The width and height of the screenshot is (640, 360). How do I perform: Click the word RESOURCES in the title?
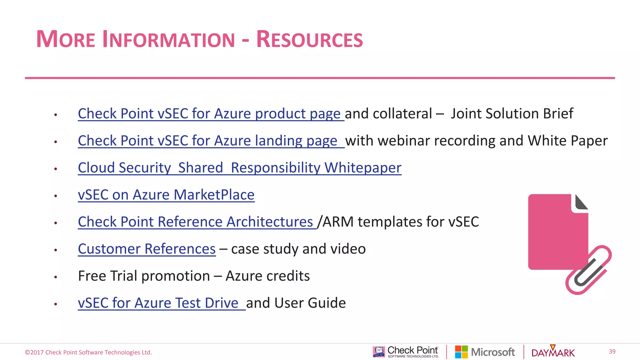(309, 40)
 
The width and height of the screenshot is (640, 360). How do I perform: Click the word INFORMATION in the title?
(168, 40)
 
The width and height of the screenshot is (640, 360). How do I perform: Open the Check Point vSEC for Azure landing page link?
(207, 141)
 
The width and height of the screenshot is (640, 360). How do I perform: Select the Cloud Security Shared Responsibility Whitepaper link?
(239, 168)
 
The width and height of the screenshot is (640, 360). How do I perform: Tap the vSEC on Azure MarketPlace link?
(166, 195)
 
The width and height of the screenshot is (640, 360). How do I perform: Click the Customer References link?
(147, 249)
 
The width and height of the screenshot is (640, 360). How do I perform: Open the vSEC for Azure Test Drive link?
(158, 303)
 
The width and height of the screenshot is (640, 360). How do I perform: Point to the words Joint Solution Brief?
(512, 113)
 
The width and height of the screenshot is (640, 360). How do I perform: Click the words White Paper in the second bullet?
(567, 141)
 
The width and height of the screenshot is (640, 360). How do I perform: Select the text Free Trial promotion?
(144, 276)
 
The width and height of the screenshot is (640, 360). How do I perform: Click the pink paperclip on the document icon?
(588, 271)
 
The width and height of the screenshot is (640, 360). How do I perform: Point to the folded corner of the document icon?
(580, 203)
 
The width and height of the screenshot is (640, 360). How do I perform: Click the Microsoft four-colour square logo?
(461, 352)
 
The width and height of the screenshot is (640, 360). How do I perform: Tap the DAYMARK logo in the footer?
(553, 352)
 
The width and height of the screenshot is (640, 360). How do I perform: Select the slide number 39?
(612, 352)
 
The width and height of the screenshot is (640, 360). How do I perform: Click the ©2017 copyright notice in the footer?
(88, 352)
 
